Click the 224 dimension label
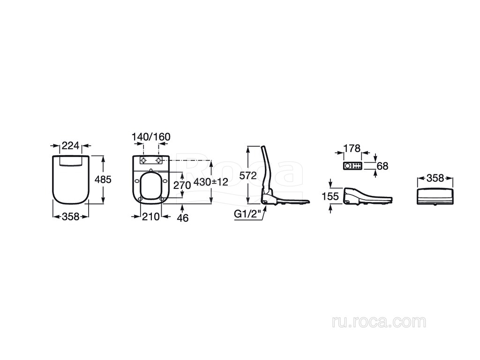click(x=70, y=146)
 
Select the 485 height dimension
click(x=103, y=180)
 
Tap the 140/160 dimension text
click(x=151, y=137)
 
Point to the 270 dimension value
click(x=182, y=185)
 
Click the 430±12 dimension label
click(x=211, y=182)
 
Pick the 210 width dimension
click(x=150, y=217)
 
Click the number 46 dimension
click(x=183, y=218)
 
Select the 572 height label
click(x=248, y=176)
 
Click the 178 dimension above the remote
click(x=352, y=149)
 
